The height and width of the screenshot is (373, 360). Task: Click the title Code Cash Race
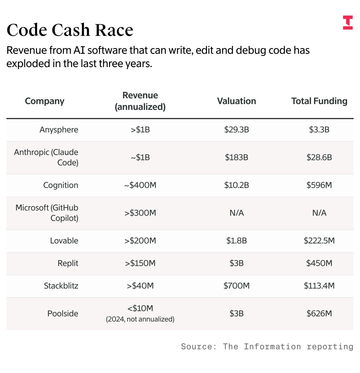70,30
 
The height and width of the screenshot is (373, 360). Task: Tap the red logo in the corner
348,23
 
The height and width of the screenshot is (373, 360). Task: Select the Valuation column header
236,101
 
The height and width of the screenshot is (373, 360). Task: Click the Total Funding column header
319,101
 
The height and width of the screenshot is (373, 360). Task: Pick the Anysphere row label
59,130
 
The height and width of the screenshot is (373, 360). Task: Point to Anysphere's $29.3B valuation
236,130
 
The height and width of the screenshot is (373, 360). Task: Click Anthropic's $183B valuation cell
236,157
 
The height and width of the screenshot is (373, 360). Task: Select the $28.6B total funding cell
319,157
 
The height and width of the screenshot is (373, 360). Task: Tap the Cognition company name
60,185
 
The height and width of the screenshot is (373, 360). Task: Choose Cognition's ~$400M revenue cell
140,185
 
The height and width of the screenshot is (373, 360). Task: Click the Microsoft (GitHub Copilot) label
47,213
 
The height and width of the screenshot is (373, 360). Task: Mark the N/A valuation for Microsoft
236,213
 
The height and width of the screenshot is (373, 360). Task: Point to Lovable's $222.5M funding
319,241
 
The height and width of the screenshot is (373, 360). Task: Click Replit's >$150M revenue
140,263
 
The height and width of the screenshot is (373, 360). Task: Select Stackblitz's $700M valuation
236,286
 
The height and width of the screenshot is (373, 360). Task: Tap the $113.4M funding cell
319,286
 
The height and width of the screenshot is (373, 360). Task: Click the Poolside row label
63,313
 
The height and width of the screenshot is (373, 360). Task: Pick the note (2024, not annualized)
140,319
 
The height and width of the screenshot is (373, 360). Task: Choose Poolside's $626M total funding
319,313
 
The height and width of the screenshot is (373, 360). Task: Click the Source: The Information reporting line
267,346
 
